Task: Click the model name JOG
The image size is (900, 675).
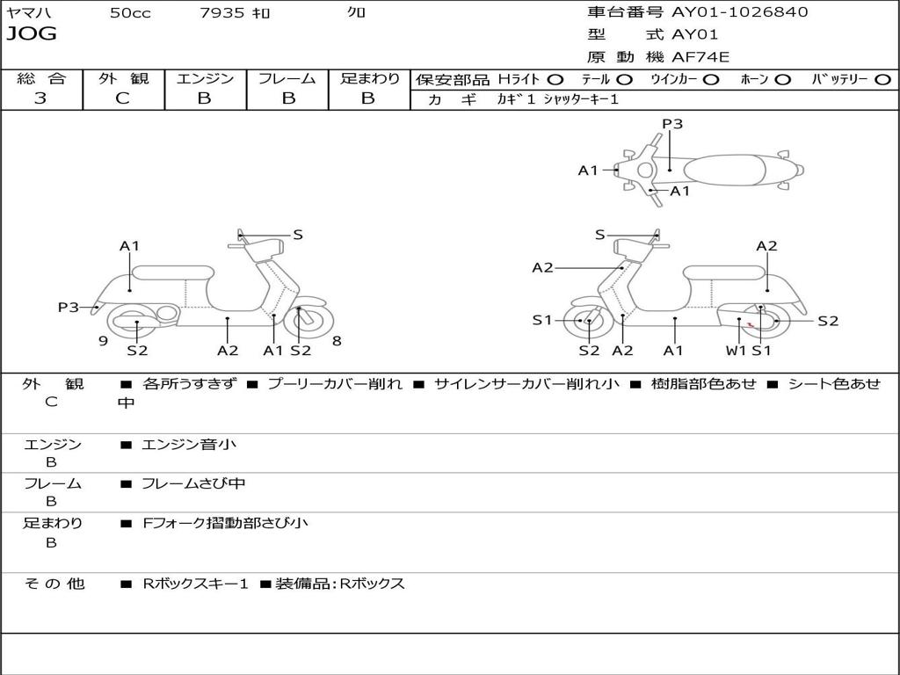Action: point(32,34)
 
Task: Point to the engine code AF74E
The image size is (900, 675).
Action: point(700,57)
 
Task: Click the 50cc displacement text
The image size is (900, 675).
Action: point(130,13)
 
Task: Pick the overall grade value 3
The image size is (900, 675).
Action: point(40,98)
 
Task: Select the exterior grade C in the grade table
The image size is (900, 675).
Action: point(123,98)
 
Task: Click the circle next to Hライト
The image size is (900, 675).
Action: point(555,79)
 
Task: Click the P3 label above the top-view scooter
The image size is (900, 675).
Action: point(672,124)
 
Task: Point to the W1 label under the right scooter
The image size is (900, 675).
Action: point(736,350)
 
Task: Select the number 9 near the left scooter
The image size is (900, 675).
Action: point(103,341)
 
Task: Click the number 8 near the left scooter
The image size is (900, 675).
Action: point(337,341)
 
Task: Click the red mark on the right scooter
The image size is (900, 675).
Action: point(750,325)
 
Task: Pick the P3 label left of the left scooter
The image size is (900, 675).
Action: point(69,307)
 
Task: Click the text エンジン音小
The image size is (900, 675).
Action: point(189,445)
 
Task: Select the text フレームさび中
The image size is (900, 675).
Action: point(193,483)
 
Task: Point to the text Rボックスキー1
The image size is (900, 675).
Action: point(196,584)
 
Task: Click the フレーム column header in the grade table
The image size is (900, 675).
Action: point(287,79)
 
